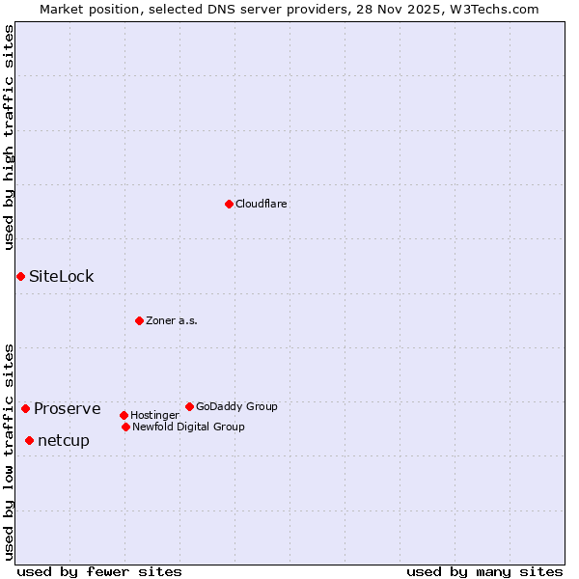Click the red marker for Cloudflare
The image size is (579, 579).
[229, 204]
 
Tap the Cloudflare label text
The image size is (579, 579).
[262, 204]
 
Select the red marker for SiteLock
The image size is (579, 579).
[20, 276]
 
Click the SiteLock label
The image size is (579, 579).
[62, 276]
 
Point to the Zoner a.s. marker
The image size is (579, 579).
[139, 320]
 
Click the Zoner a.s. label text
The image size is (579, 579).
[172, 320]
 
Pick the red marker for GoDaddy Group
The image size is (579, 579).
[189, 406]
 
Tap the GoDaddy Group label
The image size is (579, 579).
[236, 406]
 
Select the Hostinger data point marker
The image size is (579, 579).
[124, 415]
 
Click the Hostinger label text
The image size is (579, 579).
[154, 415]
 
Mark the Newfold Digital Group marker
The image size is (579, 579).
[125, 427]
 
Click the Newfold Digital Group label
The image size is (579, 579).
[188, 427]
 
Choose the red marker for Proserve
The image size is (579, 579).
[25, 408]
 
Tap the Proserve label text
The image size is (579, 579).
[68, 408]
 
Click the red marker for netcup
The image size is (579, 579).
[29, 440]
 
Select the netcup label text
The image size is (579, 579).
[64, 440]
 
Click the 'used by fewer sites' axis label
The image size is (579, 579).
[99, 571]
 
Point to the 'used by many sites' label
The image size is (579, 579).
[484, 571]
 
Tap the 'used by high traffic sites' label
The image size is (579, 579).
[9, 137]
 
